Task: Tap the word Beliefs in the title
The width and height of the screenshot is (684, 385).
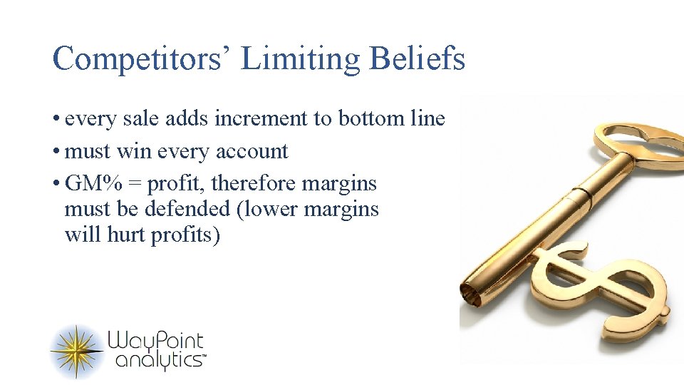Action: (418, 58)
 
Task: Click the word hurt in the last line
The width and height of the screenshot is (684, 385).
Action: (125, 235)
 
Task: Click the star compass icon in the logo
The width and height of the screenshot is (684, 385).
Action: (77, 350)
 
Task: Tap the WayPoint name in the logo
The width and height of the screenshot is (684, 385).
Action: (155, 341)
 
